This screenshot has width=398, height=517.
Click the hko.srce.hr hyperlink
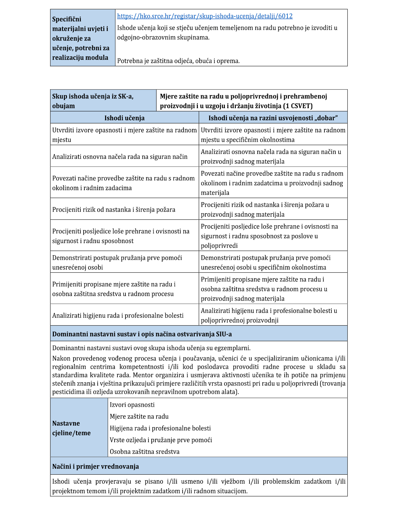coord(205,16)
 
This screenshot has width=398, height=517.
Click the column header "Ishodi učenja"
coord(124,118)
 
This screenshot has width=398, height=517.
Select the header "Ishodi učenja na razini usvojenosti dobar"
coord(273,118)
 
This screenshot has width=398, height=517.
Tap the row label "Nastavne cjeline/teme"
coord(72,428)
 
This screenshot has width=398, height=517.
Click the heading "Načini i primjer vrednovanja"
coord(95,466)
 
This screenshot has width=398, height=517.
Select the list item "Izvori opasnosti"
coord(132,405)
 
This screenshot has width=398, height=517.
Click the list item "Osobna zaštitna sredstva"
coord(144,452)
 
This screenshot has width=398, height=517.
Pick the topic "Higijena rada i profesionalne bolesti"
coord(160,428)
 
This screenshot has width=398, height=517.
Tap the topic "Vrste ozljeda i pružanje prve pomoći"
coord(161,440)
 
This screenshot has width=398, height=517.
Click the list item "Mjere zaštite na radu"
coord(139,417)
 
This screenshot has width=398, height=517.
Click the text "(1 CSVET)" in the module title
coord(297,106)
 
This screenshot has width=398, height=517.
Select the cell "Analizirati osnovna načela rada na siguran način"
coord(120,157)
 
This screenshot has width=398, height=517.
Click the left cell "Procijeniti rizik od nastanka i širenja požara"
coord(114,209)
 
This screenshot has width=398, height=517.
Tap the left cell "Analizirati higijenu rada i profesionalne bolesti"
coord(118,316)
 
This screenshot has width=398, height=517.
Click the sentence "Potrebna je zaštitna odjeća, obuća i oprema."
coord(178,61)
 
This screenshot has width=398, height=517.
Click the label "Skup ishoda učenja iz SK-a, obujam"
coord(93,101)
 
